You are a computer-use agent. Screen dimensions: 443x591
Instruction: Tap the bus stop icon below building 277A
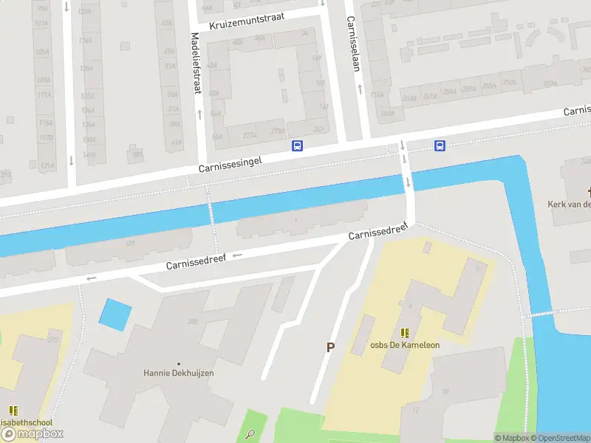click(x=298, y=145)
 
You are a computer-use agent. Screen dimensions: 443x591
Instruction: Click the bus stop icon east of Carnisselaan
click(x=440, y=145)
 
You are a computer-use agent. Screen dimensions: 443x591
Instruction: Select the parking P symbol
click(x=330, y=347)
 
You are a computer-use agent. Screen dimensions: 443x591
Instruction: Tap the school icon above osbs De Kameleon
click(x=404, y=333)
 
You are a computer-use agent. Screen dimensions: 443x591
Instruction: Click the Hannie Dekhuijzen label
click(x=178, y=373)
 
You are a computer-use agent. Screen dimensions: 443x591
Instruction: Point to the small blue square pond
click(x=115, y=314)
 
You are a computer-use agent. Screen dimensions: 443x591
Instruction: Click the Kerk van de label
click(x=569, y=204)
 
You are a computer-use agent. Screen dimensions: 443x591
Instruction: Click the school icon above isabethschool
click(x=13, y=410)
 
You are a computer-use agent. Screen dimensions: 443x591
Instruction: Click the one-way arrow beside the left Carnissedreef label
click(x=236, y=255)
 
